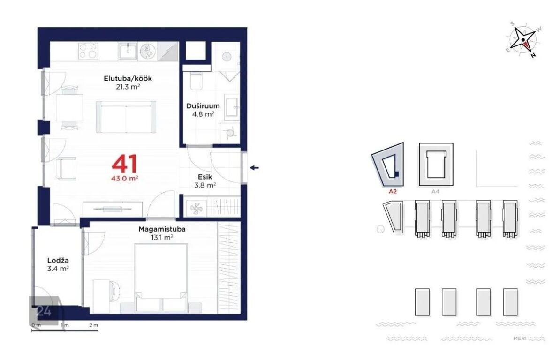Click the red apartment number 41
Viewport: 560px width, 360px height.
125,164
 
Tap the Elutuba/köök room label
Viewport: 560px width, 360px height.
128,78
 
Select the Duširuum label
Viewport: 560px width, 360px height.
203,106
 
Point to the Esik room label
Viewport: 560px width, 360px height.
205,177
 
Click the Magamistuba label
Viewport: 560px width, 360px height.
162,229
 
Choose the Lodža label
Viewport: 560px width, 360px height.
58,261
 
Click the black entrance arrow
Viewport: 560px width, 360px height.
254,168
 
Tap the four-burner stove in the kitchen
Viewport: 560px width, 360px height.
88,51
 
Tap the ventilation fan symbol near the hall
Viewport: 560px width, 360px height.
196,209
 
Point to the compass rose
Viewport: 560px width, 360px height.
523,40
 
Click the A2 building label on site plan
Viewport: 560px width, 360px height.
393,192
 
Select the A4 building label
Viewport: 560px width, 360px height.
435,192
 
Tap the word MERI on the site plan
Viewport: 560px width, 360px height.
520,338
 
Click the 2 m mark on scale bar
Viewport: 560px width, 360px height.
94,325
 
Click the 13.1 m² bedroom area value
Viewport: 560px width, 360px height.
162,237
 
